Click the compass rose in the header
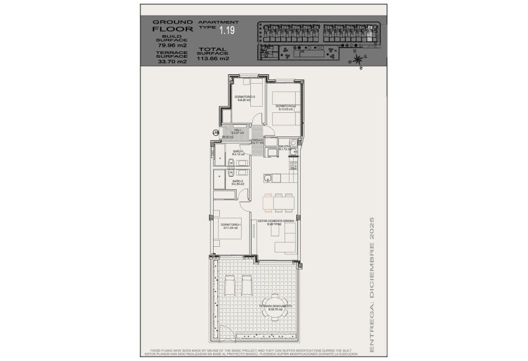pyautogui.click(x=359, y=60)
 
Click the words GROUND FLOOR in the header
pyautogui.click(x=172, y=25)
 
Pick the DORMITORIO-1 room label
pyautogui.click(x=230, y=226)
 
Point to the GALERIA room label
pyautogui.click(x=285, y=148)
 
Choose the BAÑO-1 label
pyautogui.click(x=239, y=153)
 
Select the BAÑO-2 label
pyautogui.click(x=239, y=183)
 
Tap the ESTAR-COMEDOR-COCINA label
pyautogui.click(x=275, y=221)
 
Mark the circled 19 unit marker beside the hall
pyautogui.click(x=216, y=132)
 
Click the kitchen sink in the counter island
pyautogui.click(x=268, y=179)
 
